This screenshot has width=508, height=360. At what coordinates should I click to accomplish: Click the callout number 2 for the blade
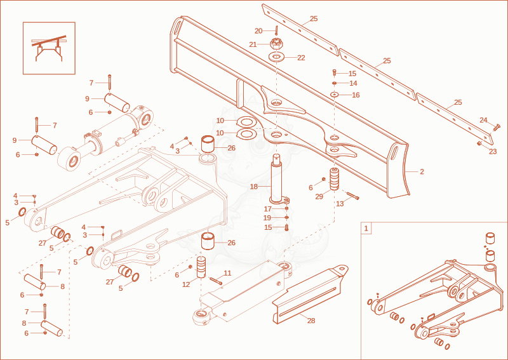pyautogui.click(x=422, y=171)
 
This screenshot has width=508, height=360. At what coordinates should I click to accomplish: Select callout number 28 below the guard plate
pyautogui.click(x=311, y=321)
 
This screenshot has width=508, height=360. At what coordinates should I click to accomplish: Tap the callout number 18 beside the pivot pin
pyautogui.click(x=253, y=187)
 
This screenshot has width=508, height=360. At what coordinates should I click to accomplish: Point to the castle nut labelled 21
pyautogui.click(x=275, y=44)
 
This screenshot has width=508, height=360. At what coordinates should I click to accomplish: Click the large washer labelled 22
pyautogui.click(x=276, y=57)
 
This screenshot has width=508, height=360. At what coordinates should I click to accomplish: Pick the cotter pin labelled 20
pyautogui.click(x=276, y=30)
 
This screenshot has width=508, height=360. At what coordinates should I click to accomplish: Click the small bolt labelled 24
pyautogui.click(x=497, y=128)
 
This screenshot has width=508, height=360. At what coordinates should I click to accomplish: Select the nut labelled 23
pyautogui.click(x=479, y=143)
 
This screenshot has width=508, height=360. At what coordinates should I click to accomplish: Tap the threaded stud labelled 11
pyautogui.click(x=216, y=281)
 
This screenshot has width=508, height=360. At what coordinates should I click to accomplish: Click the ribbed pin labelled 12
pyautogui.click(x=201, y=267)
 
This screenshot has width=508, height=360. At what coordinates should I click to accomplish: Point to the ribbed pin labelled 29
pyautogui.click(x=335, y=179)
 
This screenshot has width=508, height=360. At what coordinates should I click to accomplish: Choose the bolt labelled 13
pyautogui.click(x=353, y=196)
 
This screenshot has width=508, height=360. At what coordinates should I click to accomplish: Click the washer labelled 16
pyautogui.click(x=335, y=95)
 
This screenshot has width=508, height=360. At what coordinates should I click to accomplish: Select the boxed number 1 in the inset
pyautogui.click(x=366, y=229)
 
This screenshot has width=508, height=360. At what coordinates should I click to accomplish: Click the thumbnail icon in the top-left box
pyautogui.click(x=49, y=48)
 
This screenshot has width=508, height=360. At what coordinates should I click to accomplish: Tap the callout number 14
pyautogui.click(x=354, y=83)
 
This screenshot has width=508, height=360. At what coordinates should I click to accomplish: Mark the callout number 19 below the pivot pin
pyautogui.click(x=267, y=218)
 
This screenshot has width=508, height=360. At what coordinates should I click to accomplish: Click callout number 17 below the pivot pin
pyautogui.click(x=267, y=209)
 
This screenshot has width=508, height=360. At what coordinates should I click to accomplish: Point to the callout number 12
pyautogui.click(x=186, y=284)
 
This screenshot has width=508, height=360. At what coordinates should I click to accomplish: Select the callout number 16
pyautogui.click(x=356, y=95)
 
